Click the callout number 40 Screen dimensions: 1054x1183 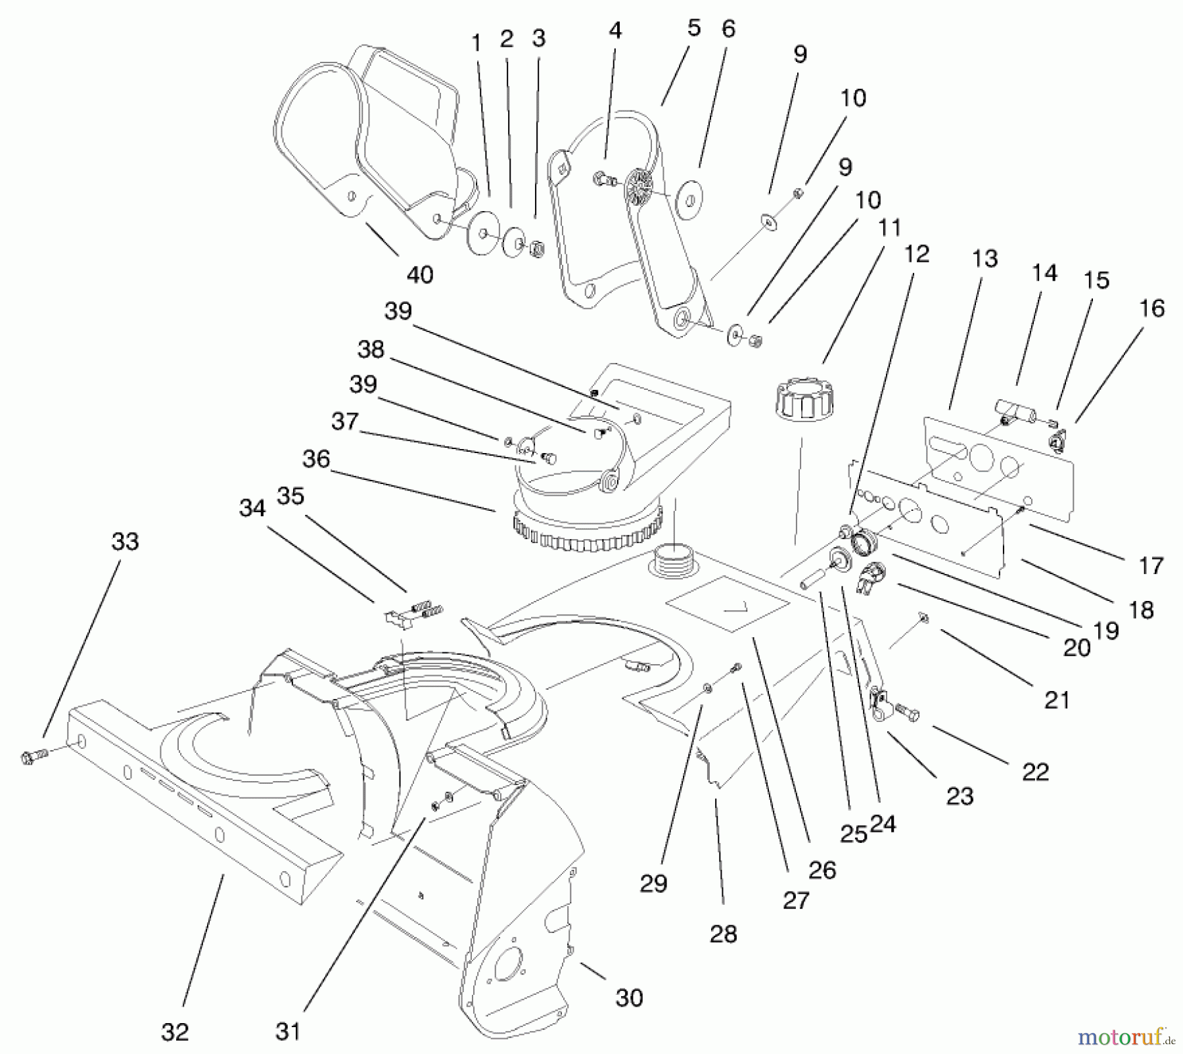pyautogui.click(x=420, y=274)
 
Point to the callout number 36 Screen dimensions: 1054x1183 pyautogui.click(x=316, y=458)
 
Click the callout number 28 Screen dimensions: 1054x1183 pyautogui.click(x=724, y=934)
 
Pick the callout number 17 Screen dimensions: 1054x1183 pyautogui.click(x=1151, y=565)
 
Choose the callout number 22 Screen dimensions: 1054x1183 pyautogui.click(x=1036, y=771)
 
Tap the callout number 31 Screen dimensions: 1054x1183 pyautogui.click(x=288, y=1030)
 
